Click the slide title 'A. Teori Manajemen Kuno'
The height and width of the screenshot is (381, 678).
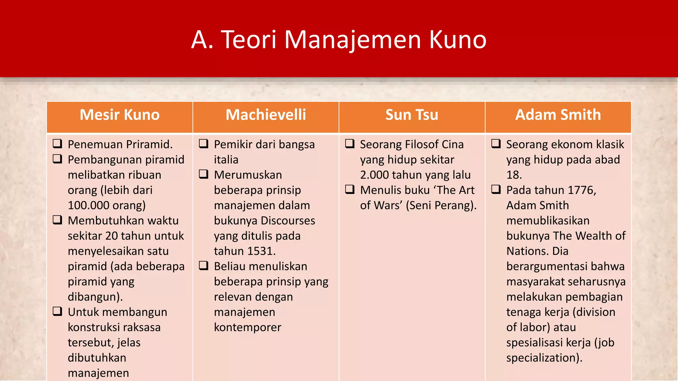[339, 40]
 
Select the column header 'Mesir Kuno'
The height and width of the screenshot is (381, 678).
[120, 115]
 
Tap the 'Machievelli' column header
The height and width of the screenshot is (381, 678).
[266, 115]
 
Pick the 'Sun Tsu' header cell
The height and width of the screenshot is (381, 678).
[412, 115]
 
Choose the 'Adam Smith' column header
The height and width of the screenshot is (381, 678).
[558, 115]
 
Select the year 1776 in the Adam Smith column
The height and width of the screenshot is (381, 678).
[582, 190]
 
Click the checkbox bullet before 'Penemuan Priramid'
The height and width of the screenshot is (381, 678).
[58, 144]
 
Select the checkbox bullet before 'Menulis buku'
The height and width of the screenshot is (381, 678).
[350, 189]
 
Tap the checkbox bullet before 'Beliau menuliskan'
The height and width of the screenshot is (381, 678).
[204, 266]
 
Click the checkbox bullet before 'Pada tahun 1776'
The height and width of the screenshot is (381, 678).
[496, 189]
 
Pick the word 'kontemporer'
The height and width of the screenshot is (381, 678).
[248, 327]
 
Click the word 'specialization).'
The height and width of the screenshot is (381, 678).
[544, 358]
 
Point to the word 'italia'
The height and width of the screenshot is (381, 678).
[226, 160]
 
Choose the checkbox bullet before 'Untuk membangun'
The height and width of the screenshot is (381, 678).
[58, 311]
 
